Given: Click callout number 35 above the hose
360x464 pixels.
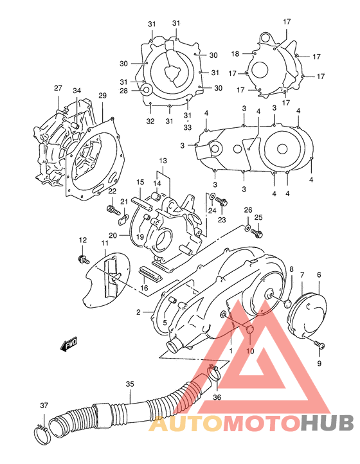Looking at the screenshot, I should point(129,384).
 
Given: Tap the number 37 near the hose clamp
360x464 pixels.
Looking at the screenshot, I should point(44,406).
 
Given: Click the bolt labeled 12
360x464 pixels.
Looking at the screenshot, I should point(83,259).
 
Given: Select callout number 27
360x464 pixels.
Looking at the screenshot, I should point(58,88).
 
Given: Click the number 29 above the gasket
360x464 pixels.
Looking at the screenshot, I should point(102,96).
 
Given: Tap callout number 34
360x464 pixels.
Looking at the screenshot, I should point(77,91).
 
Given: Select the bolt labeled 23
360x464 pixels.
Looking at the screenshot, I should point(222,202).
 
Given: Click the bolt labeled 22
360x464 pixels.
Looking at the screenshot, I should point(109,210).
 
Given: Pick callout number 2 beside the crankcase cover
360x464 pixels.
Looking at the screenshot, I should point(138,312).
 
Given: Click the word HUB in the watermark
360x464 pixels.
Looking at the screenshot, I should point(328,423).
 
